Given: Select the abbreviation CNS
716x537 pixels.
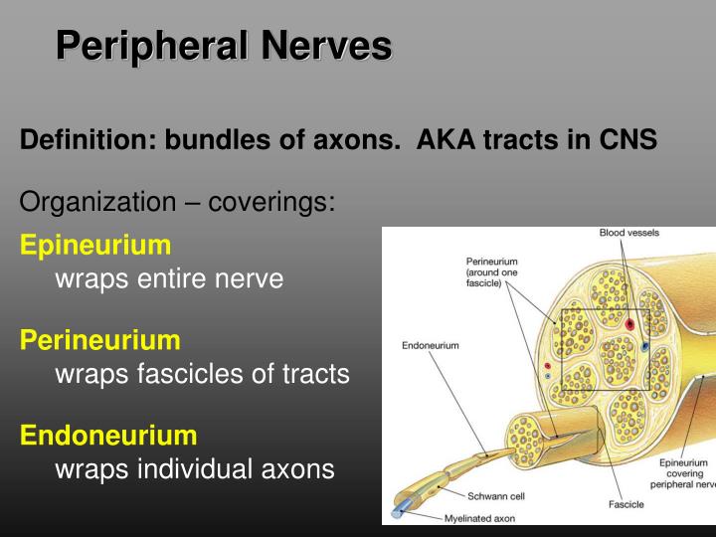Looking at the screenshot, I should coord(626,140).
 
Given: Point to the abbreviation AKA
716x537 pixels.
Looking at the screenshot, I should coord(446,140).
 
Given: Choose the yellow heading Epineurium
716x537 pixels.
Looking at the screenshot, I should coord(95,245).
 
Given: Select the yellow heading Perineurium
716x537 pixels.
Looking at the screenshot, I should coord(100,340).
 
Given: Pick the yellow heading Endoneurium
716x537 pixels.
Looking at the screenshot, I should coord(108,435).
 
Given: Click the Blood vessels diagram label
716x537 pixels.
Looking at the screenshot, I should coord(628,233).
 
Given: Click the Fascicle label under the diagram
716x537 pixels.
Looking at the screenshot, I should coord(626,505).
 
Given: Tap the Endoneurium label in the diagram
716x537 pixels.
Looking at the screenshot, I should coord(430,346).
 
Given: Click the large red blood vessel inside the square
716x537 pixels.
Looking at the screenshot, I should coord(629,324).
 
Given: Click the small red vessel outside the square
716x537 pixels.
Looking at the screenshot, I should coord(547,366).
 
